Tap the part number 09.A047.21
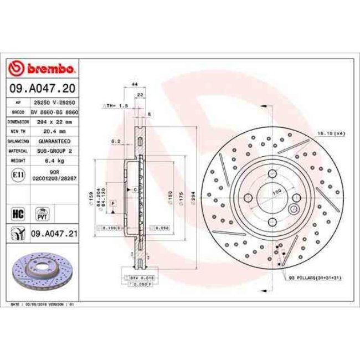click(53, 234)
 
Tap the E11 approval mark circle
click(17, 175)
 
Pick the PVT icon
click(41, 213)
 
